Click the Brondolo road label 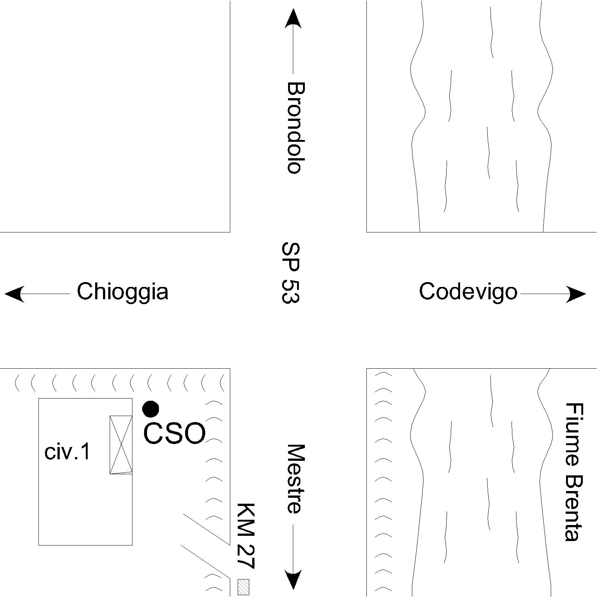[x=296, y=128]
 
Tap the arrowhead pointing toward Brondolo [x=293, y=19]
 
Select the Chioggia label [x=122, y=291]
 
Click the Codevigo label [x=468, y=291]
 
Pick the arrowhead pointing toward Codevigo [x=576, y=294]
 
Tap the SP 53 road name [x=291, y=273]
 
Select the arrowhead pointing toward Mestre [x=293, y=579]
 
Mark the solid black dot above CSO [x=151, y=409]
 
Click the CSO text [x=174, y=434]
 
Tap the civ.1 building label [x=68, y=452]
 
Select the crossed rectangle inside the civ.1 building [x=121, y=444]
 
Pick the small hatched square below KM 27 [x=243, y=587]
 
